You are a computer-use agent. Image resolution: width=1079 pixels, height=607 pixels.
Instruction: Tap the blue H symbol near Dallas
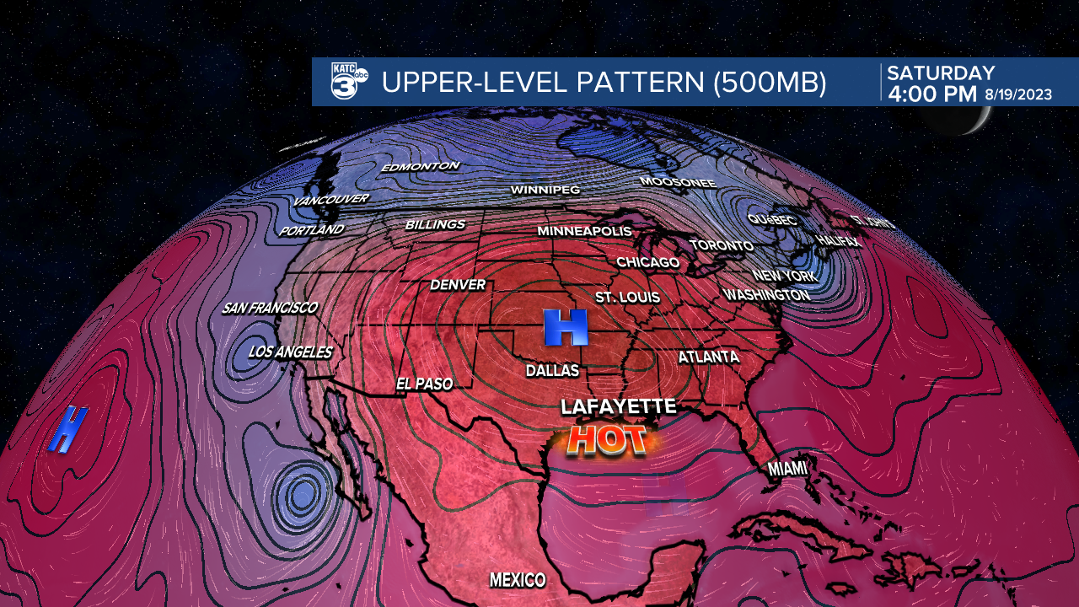point(565,327)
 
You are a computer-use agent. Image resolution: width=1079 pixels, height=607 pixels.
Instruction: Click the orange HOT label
point(607,439)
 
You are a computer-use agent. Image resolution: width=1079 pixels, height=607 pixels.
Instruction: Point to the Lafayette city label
point(619,407)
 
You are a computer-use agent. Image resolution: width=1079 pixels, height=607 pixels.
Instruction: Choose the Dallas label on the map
point(552,371)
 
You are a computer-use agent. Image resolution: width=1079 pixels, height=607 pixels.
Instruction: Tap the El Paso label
point(424,384)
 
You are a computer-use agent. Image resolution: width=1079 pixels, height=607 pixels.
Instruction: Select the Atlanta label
point(708,357)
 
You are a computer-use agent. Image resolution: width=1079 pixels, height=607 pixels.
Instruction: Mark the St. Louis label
point(627,298)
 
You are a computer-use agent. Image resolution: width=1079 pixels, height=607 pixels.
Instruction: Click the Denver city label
point(458,285)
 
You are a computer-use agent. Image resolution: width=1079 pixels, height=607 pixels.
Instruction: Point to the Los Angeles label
point(290,352)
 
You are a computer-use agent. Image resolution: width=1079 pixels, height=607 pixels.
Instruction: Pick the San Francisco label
point(270,308)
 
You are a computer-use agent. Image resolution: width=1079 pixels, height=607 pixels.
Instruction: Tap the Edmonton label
point(420,167)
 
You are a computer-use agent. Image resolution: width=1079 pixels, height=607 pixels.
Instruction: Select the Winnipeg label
point(545,191)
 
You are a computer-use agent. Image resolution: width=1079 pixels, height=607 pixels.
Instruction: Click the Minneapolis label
point(584,231)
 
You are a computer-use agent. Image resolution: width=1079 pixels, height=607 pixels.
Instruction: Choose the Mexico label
point(518,580)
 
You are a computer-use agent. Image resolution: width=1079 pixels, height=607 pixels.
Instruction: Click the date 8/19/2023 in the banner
point(1017,94)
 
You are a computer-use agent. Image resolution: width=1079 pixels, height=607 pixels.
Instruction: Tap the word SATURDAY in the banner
point(941,73)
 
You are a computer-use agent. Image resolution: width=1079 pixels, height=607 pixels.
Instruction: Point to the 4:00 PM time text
point(931,94)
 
